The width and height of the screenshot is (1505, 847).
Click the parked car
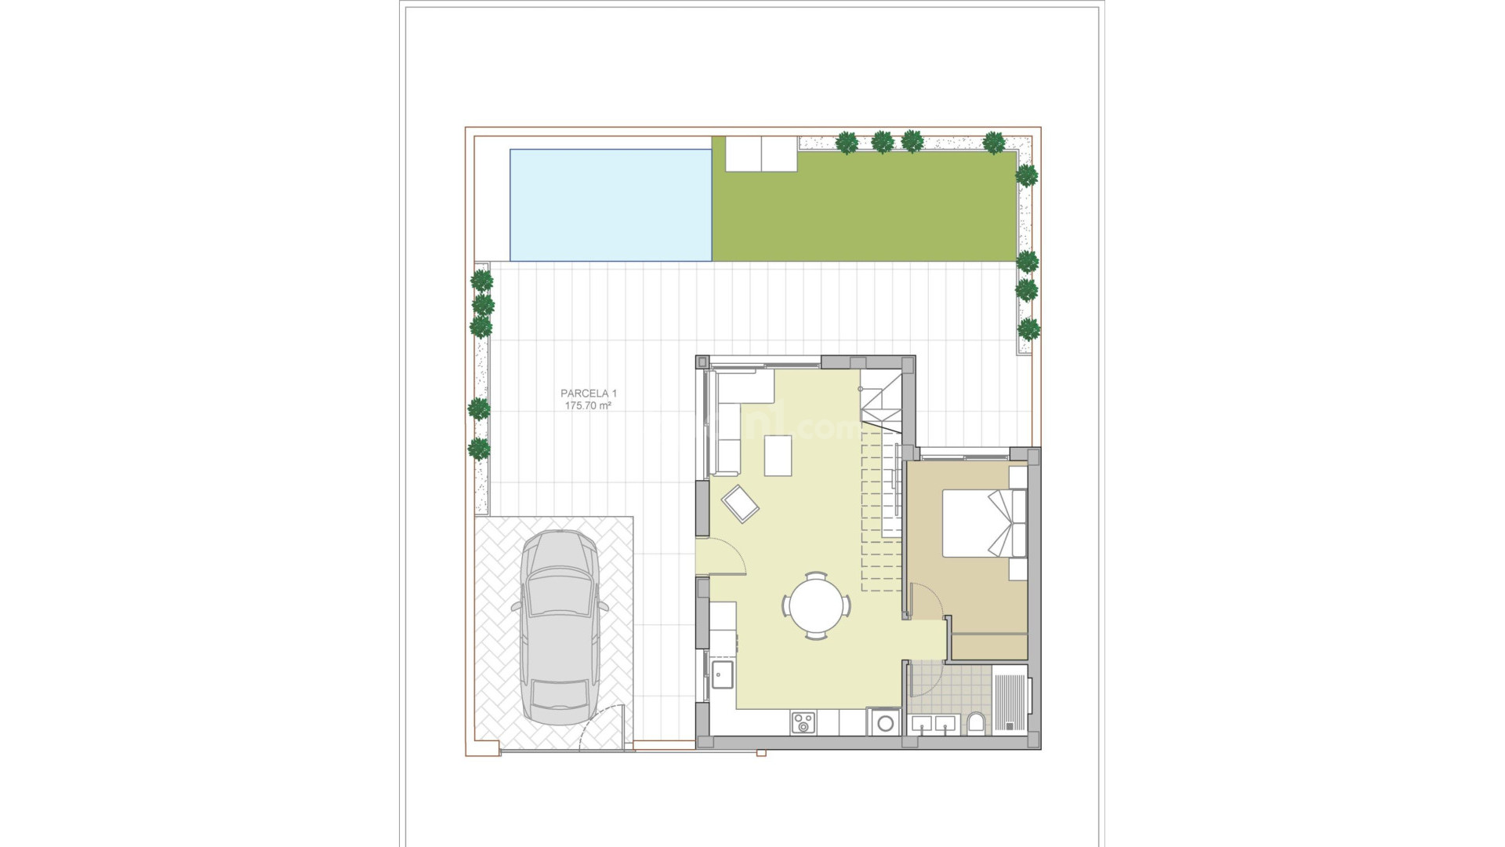(x=560, y=627)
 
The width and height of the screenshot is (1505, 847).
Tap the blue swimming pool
(x=611, y=205)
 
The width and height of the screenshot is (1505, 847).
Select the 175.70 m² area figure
(x=588, y=406)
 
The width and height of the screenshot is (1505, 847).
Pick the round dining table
(x=816, y=606)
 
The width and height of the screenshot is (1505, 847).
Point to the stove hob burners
(x=803, y=722)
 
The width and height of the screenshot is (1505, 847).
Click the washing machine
(x=883, y=722)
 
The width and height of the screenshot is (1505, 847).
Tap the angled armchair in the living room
(x=741, y=503)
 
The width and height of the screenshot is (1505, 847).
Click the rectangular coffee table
(x=778, y=456)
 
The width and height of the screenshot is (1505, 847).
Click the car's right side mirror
(x=603, y=605)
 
